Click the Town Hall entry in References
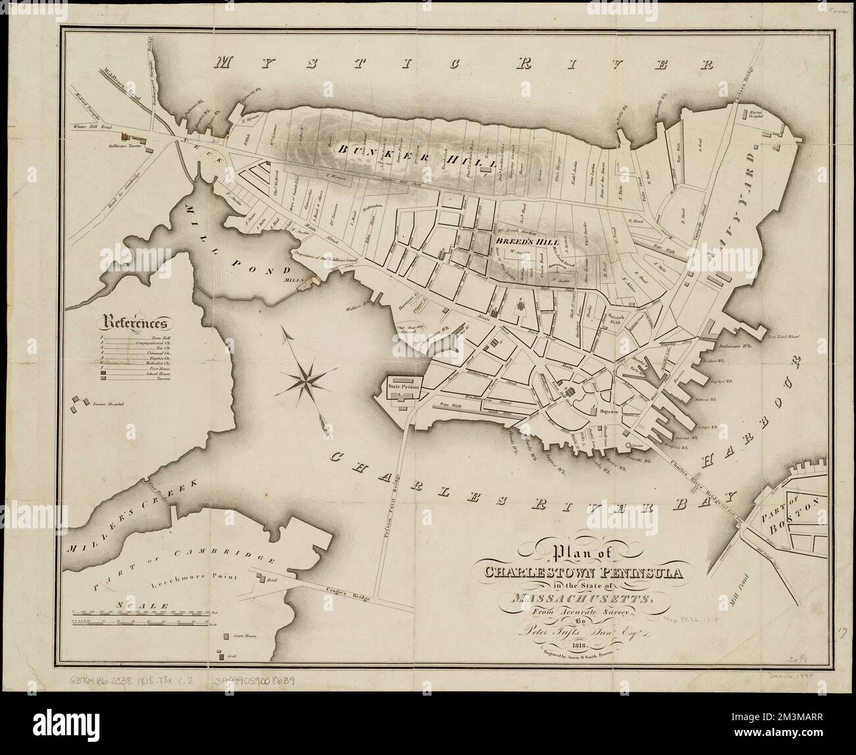tap(147, 337)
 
